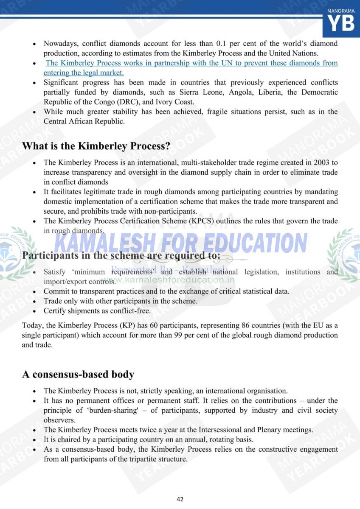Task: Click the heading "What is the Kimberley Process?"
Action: pyautogui.click(x=96, y=146)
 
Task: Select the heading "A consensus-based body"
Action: pyautogui.click(x=78, y=375)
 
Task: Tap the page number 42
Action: pyautogui.click(x=180, y=499)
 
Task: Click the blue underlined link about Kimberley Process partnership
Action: pyautogui.click(x=191, y=68)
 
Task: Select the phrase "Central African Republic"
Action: pyautogui.click(x=84, y=121)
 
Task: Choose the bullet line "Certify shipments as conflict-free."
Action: pyautogui.click(x=97, y=311)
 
